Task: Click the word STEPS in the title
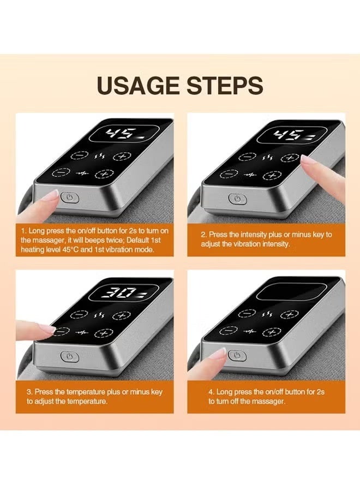[225, 85]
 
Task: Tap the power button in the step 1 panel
[69, 198]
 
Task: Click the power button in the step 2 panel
[238, 199]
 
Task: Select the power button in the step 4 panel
[237, 355]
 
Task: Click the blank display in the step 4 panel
[290, 292]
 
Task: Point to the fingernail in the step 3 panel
[47, 328]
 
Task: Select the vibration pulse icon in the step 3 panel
[82, 332]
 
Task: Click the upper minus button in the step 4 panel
[247, 313]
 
